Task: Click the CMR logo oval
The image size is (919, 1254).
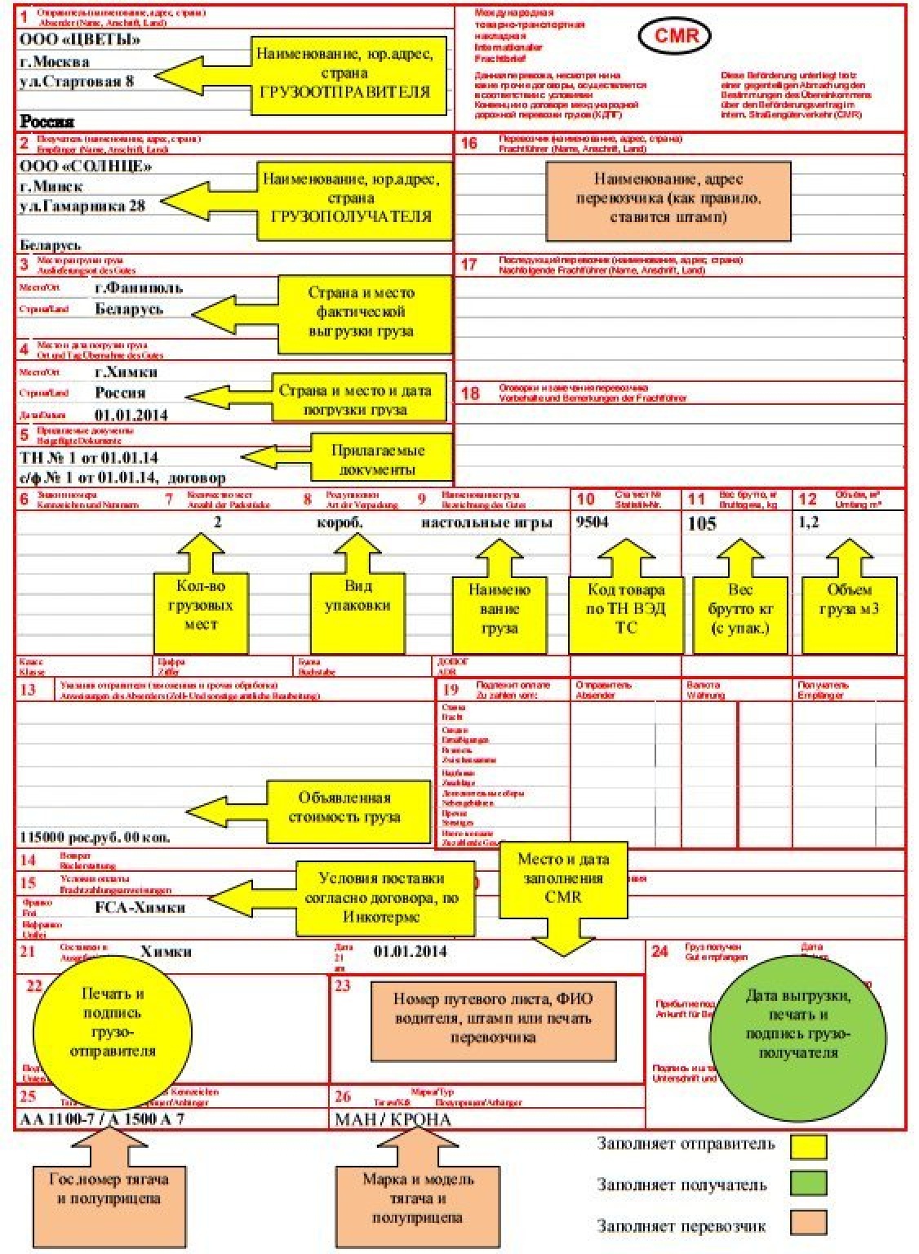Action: click(x=677, y=35)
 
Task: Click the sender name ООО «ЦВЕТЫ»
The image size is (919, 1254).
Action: click(x=79, y=39)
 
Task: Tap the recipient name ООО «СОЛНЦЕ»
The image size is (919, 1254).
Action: click(x=85, y=166)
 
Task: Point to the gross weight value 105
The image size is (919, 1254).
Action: click(x=702, y=523)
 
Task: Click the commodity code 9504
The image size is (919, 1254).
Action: click(x=592, y=522)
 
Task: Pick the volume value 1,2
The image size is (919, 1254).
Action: click(x=809, y=522)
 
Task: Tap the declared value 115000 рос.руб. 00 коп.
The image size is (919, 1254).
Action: click(x=95, y=837)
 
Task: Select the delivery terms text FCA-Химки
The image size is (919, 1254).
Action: click(x=140, y=907)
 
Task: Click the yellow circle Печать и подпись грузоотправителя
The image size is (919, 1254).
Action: click(x=113, y=1023)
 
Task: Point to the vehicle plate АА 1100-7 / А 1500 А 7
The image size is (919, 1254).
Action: click(x=101, y=1118)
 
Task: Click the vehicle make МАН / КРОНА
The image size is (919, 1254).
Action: click(x=393, y=1118)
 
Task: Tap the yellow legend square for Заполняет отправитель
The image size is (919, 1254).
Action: click(x=807, y=1145)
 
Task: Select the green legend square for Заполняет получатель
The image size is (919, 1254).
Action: click(x=807, y=1184)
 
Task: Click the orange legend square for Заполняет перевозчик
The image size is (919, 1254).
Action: click(x=807, y=1223)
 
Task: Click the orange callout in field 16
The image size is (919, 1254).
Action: click(x=668, y=199)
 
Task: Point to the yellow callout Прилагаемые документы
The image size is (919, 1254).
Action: click(x=378, y=460)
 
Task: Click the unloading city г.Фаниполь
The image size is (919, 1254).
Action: click(x=139, y=287)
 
